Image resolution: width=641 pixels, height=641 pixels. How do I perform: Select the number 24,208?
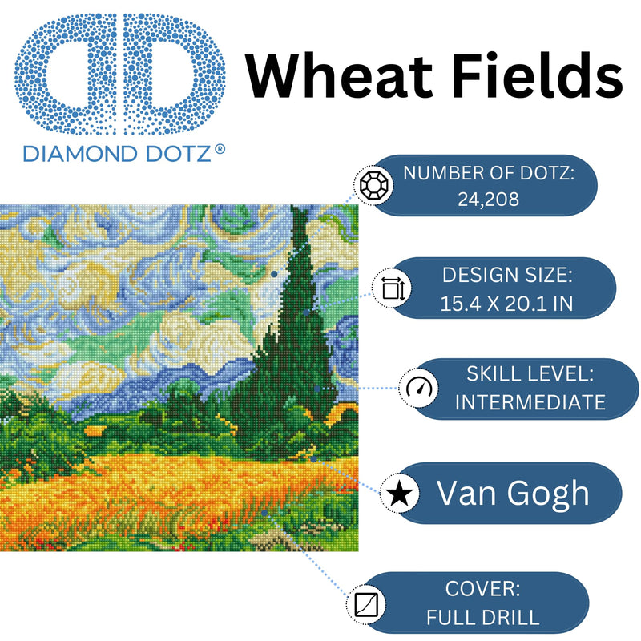point(488,198)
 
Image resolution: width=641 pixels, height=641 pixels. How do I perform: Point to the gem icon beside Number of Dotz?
point(372,187)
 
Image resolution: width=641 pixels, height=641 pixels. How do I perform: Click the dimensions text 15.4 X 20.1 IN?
point(507,303)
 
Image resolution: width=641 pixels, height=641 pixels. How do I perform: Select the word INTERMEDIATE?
point(530,402)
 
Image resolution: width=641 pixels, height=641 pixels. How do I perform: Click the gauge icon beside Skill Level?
point(418,389)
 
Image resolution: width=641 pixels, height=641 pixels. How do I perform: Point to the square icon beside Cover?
point(369,602)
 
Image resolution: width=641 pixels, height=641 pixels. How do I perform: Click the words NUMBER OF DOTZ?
point(489,173)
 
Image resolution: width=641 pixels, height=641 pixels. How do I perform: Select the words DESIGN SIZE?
point(507,276)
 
